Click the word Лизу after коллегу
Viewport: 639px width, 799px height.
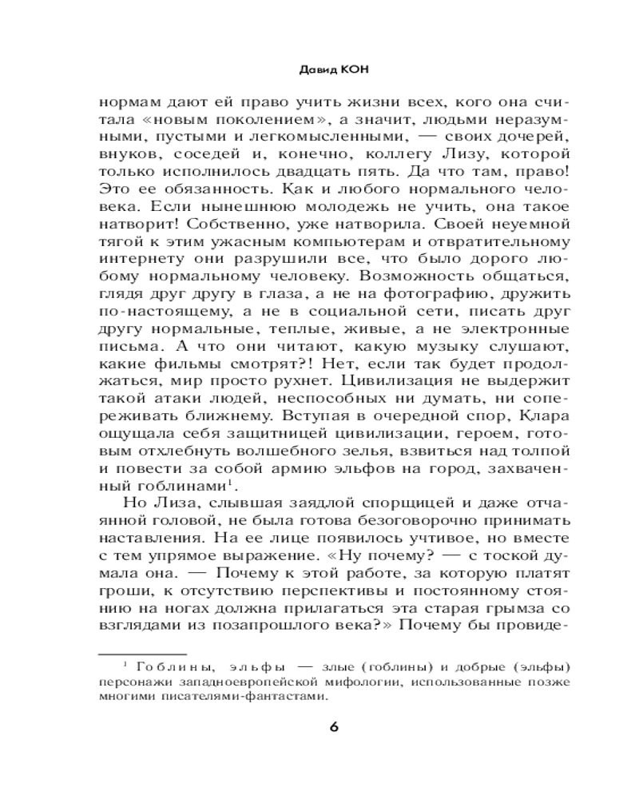click(x=472, y=153)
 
